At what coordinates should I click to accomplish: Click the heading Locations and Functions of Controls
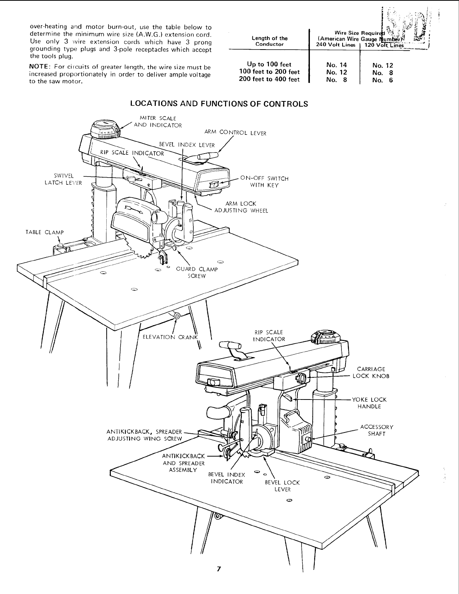click(219, 104)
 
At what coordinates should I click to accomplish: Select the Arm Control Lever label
click(235, 133)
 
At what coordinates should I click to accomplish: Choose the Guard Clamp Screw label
click(197, 272)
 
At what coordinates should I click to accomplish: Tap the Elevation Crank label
click(170, 337)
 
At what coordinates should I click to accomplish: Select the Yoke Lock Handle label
click(369, 403)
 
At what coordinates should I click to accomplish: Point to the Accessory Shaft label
click(377, 430)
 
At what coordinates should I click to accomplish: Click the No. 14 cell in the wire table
click(337, 65)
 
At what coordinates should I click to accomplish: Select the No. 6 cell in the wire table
click(382, 80)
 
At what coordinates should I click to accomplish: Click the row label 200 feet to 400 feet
click(269, 79)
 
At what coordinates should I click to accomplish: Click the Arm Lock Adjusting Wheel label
click(241, 207)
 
